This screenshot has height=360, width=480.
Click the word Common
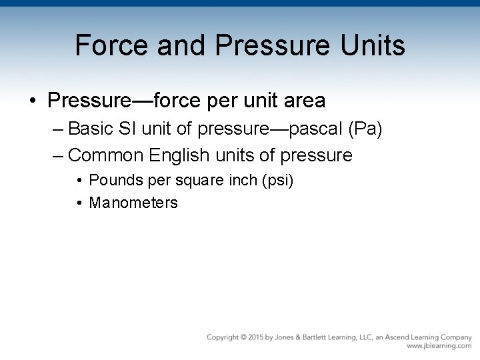point(107,155)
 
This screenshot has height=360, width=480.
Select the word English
point(178,155)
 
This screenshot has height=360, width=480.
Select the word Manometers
point(133,203)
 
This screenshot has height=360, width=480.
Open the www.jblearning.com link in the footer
point(439,347)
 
